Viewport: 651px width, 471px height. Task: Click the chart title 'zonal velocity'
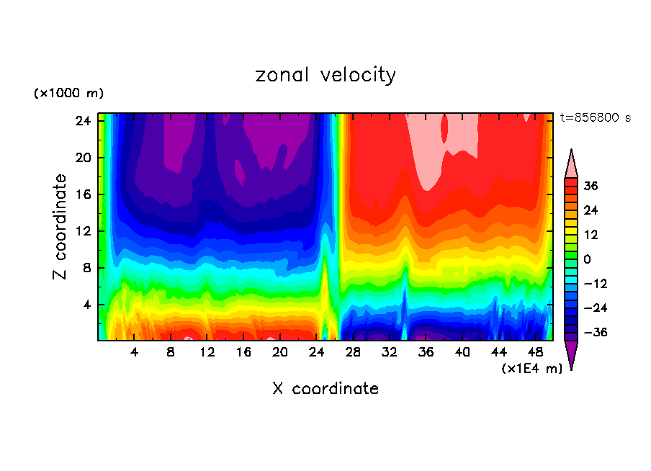click(325, 75)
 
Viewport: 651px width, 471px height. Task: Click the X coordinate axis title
click(325, 389)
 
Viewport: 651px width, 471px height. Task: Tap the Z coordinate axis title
click(60, 227)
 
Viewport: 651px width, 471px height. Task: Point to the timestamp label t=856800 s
click(596, 118)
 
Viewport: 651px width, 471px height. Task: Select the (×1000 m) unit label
click(69, 94)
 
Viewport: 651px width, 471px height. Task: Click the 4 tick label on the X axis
click(135, 352)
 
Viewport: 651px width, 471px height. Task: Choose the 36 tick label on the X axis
click(426, 352)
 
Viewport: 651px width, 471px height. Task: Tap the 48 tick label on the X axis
click(536, 352)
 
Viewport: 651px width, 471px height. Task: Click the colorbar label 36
click(591, 186)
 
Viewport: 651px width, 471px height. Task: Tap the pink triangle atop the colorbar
click(571, 163)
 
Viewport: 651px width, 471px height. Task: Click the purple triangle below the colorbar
click(571, 354)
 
